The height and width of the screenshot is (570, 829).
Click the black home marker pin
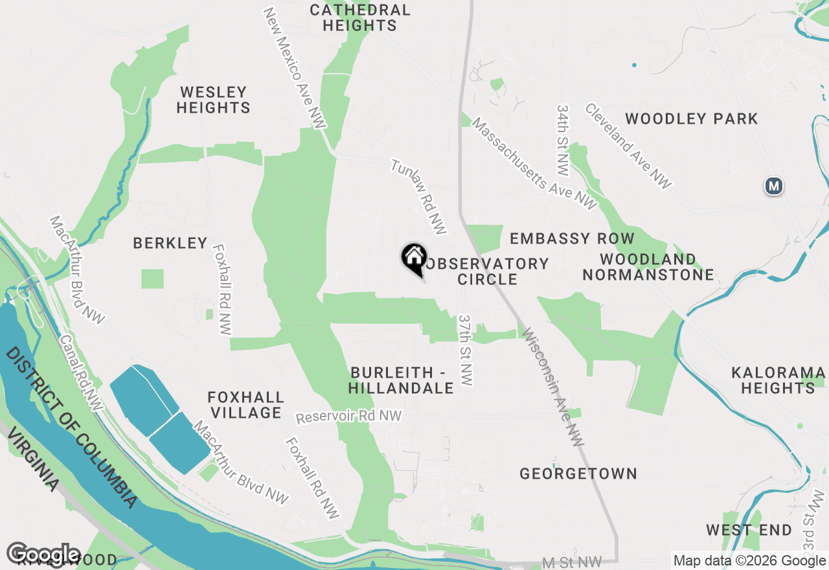tap(414, 258)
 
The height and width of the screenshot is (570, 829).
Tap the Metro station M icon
tap(773, 187)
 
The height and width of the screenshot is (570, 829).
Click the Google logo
tap(43, 554)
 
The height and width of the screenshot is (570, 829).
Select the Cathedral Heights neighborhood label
tap(359, 17)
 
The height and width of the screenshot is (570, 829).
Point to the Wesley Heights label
tap(213, 100)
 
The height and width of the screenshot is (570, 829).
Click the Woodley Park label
tap(691, 119)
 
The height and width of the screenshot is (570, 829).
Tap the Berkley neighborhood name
tap(170, 243)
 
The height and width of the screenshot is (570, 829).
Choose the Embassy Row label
tap(572, 238)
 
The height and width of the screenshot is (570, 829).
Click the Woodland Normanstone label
tap(648, 267)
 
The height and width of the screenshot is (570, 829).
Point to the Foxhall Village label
tap(245, 404)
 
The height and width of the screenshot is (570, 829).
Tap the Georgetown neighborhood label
tap(578, 473)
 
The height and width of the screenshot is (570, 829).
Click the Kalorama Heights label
tap(778, 380)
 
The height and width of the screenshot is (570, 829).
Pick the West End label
tap(749, 530)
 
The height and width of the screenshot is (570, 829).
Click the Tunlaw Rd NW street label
tap(419, 197)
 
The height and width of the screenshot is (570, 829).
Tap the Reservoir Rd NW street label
tap(348, 416)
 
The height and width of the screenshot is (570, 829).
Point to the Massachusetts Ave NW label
tap(534, 163)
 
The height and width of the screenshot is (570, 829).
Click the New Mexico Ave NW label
tap(294, 68)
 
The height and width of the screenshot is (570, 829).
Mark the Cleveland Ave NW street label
tap(628, 146)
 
